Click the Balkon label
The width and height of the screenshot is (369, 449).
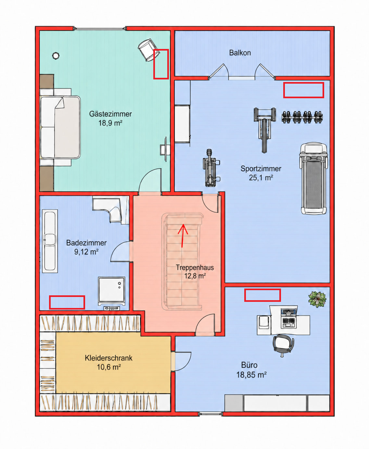click(240, 53)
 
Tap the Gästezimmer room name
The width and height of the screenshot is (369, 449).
click(110, 114)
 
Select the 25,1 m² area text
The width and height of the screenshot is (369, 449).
click(261, 178)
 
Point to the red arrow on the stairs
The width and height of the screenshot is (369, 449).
click(183, 235)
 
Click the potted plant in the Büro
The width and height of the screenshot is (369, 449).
click(317, 299)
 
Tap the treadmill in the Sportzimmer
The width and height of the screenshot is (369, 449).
click(313, 178)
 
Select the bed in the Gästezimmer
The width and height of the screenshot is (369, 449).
click(60, 127)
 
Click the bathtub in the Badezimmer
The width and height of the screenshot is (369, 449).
click(50, 241)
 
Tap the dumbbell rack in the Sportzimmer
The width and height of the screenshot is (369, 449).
click(302, 117)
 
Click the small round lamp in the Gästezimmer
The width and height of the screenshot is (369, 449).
click(56, 56)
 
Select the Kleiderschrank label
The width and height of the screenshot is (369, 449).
click(108, 358)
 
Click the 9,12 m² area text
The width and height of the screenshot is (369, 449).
click(86, 252)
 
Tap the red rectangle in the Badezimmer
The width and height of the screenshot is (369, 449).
click(67, 302)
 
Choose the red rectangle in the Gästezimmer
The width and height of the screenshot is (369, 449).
click(161, 64)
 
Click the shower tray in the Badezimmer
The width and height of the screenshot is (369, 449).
click(111, 291)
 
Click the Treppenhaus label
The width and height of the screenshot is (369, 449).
click(195, 267)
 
